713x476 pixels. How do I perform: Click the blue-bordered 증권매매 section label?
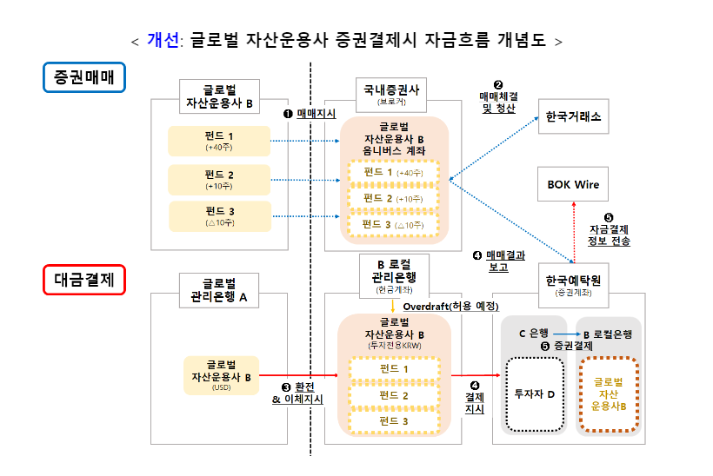pyautogui.click(x=84, y=78)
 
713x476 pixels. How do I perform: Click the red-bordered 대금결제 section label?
pyautogui.click(x=84, y=280)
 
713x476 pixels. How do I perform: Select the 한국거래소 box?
pyautogui.click(x=574, y=116)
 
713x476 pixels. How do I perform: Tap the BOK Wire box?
pyautogui.click(x=573, y=185)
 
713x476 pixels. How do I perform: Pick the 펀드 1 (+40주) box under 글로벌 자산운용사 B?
pyautogui.click(x=219, y=141)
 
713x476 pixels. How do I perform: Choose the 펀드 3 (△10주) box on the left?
pyautogui.click(x=219, y=215)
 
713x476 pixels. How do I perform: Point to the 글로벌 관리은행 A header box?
pyautogui.click(x=219, y=290)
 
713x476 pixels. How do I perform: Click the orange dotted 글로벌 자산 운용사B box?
pyautogui.click(x=610, y=393)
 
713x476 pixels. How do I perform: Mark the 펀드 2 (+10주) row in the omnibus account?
pyautogui.click(x=393, y=199)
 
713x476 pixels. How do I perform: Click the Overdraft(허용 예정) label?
pyautogui.click(x=451, y=307)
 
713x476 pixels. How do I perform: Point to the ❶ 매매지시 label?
pyautogui.click(x=310, y=114)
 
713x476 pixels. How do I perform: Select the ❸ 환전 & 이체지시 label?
pyautogui.click(x=297, y=393)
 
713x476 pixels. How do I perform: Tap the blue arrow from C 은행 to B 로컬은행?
pyautogui.click(x=566, y=334)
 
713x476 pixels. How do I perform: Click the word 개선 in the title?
pyautogui.click(x=163, y=40)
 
